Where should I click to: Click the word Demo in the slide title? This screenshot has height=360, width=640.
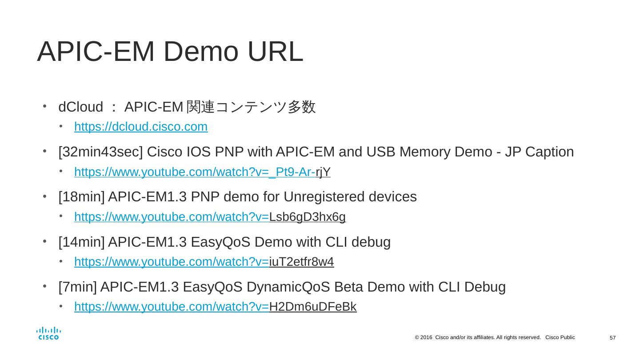coord(201,52)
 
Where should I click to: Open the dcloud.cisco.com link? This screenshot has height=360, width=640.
coord(141,127)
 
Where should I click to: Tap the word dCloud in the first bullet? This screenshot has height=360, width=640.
coord(80,107)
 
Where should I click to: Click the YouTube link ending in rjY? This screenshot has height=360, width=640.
coord(202,172)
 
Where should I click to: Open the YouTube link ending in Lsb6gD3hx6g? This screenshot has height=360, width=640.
coord(210,217)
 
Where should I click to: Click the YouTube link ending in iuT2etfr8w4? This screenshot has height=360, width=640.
coord(204,262)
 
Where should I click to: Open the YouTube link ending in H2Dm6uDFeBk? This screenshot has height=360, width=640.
coord(215,307)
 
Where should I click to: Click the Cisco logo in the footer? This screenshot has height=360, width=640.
coord(48,334)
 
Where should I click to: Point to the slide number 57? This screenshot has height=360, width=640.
coord(612,338)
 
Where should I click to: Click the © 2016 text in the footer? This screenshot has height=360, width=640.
coord(423,338)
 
